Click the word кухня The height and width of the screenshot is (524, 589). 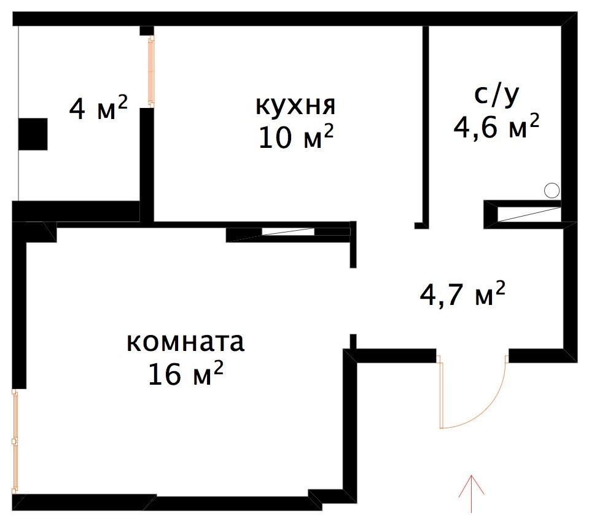tap(295, 106)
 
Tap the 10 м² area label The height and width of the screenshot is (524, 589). tap(295, 137)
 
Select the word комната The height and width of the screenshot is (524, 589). tap(185, 342)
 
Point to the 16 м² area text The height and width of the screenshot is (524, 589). tap(185, 374)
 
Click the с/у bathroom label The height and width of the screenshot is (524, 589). tap(497, 96)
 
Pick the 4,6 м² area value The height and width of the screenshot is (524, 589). tap(497, 127)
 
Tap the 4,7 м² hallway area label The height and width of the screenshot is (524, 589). tap(462, 296)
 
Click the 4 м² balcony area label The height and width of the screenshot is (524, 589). tap(98, 109)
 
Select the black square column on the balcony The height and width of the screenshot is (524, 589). tap(33, 134)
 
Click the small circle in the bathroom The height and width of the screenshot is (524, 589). tap(552, 191)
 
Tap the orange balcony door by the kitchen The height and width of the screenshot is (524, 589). tap(150, 71)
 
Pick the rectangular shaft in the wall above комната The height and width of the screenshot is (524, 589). tap(289, 234)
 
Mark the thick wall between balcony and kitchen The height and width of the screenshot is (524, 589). tap(147, 163)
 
